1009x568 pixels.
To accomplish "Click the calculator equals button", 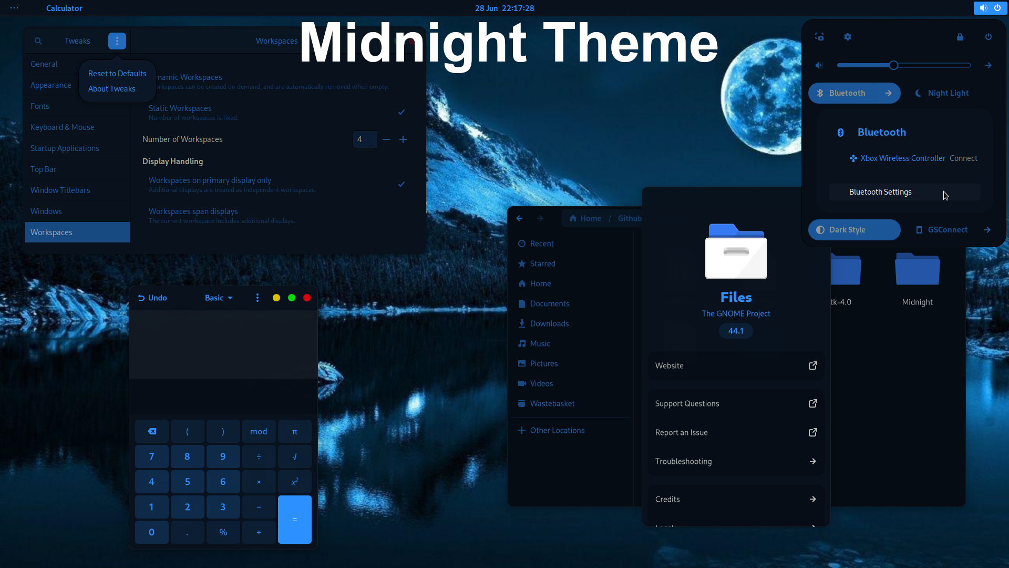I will point(294,519).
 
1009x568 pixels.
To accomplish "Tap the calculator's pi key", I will point(294,431).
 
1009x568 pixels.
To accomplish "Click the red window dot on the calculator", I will point(307,298).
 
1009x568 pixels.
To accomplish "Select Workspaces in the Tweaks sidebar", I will point(77,232).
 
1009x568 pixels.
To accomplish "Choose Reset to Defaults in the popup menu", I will point(117,74).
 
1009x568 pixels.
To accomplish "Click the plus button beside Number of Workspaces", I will point(403,139).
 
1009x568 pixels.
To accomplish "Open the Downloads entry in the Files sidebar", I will point(549,323).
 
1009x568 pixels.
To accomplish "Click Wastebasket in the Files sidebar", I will point(552,403).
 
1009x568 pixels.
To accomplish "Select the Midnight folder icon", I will point(917,269).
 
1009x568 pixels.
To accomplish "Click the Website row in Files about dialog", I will point(736,366).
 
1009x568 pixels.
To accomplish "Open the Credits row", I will point(736,499).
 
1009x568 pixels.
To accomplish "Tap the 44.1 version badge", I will point(736,331).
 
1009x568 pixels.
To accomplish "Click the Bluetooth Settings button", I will point(904,192).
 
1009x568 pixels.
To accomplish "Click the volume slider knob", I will point(893,65).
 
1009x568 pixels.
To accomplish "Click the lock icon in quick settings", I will point(960,37).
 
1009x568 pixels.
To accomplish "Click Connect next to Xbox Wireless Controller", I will point(963,158).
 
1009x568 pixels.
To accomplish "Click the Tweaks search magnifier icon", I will point(38,41).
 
